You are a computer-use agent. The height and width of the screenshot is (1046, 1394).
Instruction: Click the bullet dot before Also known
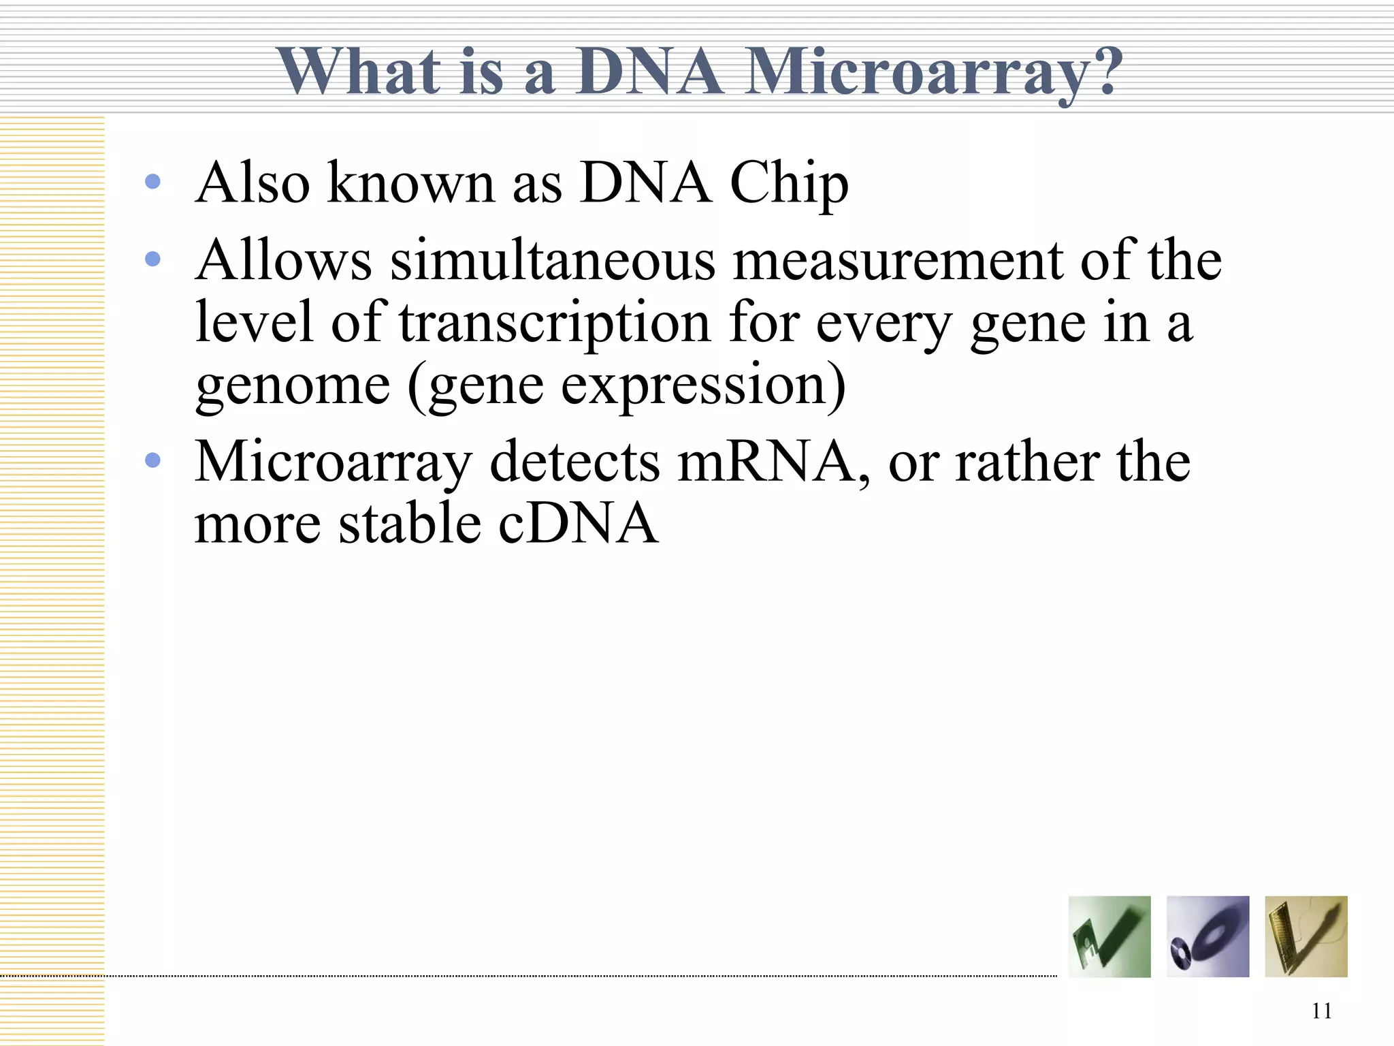153,182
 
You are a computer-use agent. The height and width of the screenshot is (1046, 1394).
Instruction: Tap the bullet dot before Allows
153,259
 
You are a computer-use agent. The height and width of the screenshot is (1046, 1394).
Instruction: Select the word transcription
555,323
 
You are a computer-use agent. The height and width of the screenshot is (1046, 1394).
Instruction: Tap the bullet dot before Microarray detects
153,461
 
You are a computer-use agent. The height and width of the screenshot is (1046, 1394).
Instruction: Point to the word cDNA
579,524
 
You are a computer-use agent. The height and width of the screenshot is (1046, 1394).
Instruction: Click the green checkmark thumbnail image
1109,936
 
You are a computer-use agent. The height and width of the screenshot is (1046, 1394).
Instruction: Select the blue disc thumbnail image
1207,936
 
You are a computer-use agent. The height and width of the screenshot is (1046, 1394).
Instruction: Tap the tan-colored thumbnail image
1306,936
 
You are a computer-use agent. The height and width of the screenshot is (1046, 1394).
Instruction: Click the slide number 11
1321,1011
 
